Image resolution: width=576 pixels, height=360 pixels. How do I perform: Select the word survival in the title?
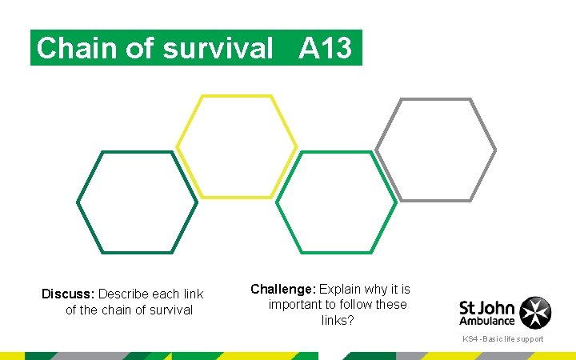[x=218, y=49]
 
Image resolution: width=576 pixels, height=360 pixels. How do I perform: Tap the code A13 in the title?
[x=325, y=49]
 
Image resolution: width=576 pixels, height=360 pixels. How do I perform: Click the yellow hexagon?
[x=237, y=146]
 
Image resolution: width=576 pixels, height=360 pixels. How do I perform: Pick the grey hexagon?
[x=436, y=150]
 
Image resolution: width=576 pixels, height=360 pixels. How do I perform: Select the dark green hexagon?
[x=137, y=202]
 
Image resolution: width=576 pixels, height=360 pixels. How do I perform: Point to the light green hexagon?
[x=337, y=202]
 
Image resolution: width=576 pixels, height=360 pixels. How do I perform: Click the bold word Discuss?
[x=68, y=294]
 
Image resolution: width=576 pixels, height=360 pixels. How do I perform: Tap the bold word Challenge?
[x=283, y=289]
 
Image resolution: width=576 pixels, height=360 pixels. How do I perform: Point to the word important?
[x=295, y=305]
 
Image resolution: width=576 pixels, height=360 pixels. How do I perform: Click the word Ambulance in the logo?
[x=486, y=321]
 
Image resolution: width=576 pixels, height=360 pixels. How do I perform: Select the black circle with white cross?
[x=535, y=312]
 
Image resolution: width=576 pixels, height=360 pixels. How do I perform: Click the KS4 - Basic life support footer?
[x=502, y=339]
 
